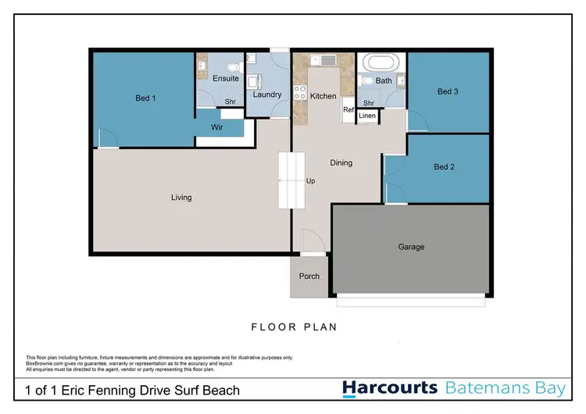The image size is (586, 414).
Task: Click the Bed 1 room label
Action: (x=145, y=98)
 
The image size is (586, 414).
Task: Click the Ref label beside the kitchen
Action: (x=348, y=110)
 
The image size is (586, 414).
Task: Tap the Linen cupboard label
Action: (x=367, y=116)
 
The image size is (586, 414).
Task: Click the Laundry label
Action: (x=267, y=95)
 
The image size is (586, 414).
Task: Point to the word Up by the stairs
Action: (x=310, y=181)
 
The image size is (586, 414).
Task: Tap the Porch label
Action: (x=309, y=276)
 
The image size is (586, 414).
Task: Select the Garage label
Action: (x=411, y=247)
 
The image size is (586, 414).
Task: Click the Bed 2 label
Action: (x=444, y=167)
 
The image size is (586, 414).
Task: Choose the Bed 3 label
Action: (x=448, y=91)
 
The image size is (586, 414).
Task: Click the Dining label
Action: (x=341, y=163)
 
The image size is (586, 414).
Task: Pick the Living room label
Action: (x=181, y=198)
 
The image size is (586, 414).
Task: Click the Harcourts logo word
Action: (x=391, y=388)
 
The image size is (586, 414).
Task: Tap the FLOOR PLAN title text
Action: (x=294, y=327)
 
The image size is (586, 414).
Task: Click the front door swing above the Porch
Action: (x=310, y=241)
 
